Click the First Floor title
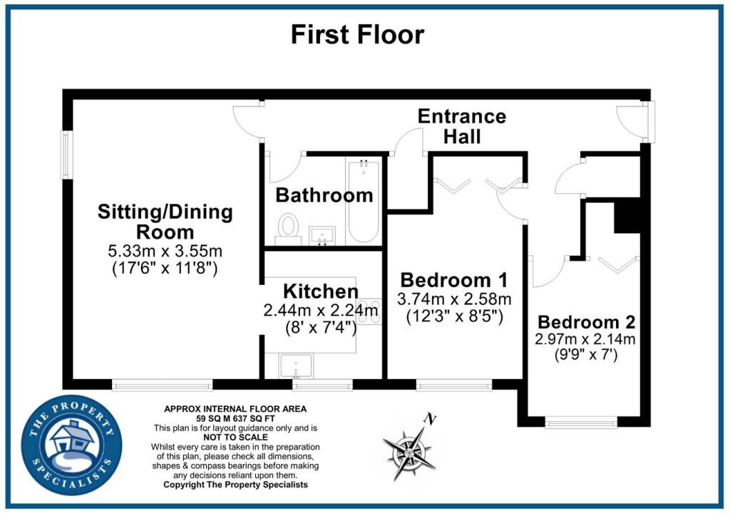point(358,34)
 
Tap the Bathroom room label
point(324,195)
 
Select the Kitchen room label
point(321,291)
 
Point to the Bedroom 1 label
point(454,280)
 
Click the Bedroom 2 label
point(586,322)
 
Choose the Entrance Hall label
point(462,126)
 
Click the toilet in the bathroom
point(288,229)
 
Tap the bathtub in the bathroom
point(363,200)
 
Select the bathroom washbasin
point(322,235)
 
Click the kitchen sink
point(296,366)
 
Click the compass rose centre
point(408,453)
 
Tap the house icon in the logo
point(72,438)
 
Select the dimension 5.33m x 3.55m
point(165,252)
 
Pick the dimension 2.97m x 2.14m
point(585,339)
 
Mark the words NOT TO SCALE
point(235,438)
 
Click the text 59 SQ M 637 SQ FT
point(235,418)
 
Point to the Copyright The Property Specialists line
point(235,485)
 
